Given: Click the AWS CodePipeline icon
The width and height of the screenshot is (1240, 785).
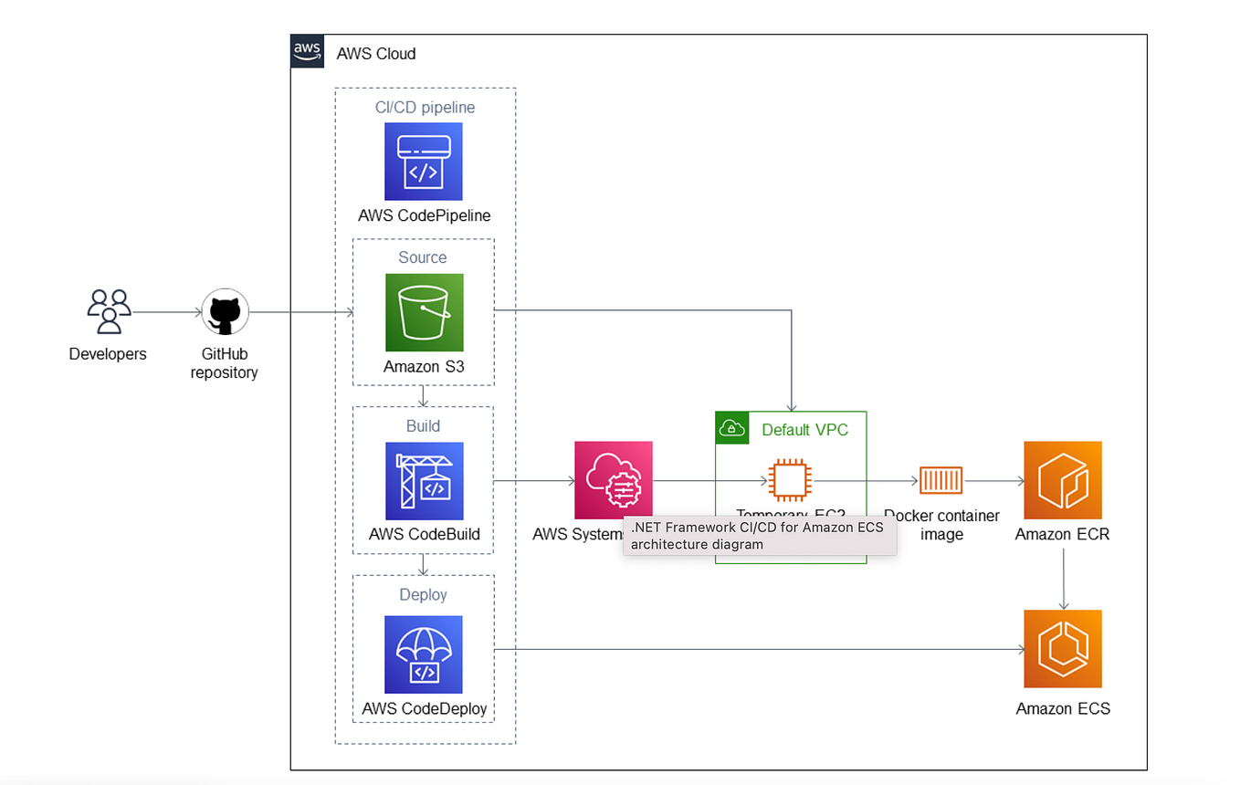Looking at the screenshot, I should pyautogui.click(x=424, y=162).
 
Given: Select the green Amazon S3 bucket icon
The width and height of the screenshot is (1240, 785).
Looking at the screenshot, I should pyautogui.click(x=424, y=312).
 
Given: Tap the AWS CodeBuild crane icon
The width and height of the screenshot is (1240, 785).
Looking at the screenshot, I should pyautogui.click(x=424, y=481).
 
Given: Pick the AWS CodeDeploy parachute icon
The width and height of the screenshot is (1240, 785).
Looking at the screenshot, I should pyautogui.click(x=424, y=654).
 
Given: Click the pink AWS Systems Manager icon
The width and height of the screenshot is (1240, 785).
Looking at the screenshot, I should pyautogui.click(x=613, y=480).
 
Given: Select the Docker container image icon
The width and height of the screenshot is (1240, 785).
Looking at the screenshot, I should pyautogui.click(x=941, y=480).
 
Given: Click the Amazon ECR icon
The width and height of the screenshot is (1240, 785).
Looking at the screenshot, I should pyautogui.click(x=1063, y=480).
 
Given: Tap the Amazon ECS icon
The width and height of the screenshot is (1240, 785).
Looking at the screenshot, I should pyautogui.click(x=1063, y=649).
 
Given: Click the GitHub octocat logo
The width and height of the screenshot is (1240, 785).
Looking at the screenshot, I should pyautogui.click(x=224, y=313).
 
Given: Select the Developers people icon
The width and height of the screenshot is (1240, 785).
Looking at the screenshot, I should pyautogui.click(x=109, y=312).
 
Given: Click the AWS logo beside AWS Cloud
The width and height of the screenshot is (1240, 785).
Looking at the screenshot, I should pyautogui.click(x=308, y=52).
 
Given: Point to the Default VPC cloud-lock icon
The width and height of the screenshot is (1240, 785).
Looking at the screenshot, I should pyautogui.click(x=732, y=428).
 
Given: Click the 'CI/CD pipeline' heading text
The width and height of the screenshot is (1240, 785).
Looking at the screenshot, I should pyautogui.click(x=425, y=107).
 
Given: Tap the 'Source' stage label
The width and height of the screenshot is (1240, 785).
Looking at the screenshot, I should pyautogui.click(x=423, y=257).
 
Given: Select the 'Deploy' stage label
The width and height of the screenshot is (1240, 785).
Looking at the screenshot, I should pyautogui.click(x=423, y=594).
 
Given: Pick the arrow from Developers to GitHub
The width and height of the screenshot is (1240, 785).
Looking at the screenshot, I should pyautogui.click(x=167, y=313).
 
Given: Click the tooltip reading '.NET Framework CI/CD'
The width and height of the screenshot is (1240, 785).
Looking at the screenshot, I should pyautogui.click(x=759, y=536).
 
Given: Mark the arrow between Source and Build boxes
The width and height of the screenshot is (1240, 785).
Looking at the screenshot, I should pyautogui.click(x=423, y=396).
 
